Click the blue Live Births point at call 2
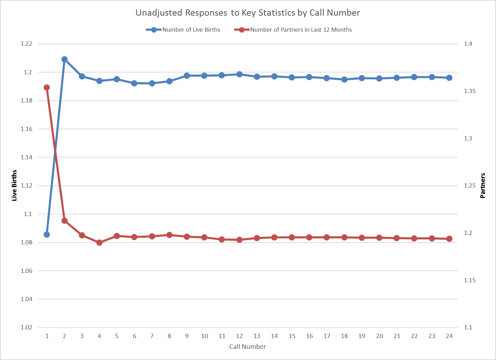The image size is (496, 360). point(64,59)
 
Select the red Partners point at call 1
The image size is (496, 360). point(47,87)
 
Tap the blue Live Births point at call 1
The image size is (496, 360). point(47,235)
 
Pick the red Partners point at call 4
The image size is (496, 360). point(99,243)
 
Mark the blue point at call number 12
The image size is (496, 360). point(239,74)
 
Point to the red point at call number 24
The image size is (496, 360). point(449,239)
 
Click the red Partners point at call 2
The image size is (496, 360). point(64,221)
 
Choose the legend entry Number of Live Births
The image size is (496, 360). point(191,30)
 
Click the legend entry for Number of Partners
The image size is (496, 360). point(301,30)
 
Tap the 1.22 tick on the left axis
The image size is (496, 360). point(26,44)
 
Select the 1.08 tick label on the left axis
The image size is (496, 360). point(26,243)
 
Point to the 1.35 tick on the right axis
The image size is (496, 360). point(470,91)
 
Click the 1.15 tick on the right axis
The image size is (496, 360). point(470,280)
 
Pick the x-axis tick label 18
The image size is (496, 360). point(344,336)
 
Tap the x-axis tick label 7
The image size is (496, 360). point(152,336)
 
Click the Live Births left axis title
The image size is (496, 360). point(14,185)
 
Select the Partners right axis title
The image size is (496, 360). point(483,185)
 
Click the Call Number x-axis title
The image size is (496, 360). point(247,347)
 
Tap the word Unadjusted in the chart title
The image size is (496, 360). point(159,13)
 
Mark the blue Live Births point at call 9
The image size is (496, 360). point(187,76)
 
